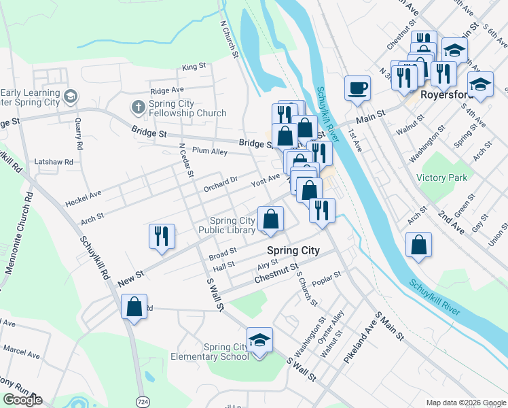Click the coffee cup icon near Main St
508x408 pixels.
click(x=357, y=88)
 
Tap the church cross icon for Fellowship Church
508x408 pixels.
click(x=138, y=107)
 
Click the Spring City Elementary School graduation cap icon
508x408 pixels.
click(x=259, y=340)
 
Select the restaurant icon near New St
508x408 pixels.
click(x=162, y=236)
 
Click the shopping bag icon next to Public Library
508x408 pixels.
click(x=270, y=219)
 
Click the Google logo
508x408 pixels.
click(x=22, y=400)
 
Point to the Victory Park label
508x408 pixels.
click(x=442, y=177)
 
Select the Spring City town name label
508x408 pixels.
click(x=293, y=250)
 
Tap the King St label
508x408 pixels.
click(x=194, y=67)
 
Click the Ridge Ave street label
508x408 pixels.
click(x=167, y=90)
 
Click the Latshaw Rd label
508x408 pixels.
click(x=58, y=163)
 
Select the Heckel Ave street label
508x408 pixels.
click(x=83, y=199)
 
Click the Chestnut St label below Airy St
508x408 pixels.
click(x=276, y=275)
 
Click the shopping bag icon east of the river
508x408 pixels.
click(x=419, y=244)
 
